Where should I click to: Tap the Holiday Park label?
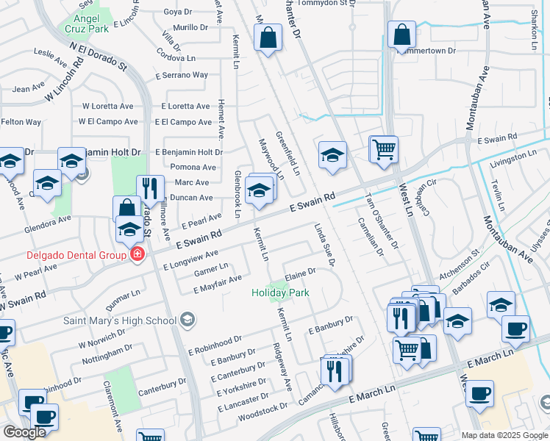click(280, 293)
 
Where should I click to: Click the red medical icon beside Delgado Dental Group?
click(136, 255)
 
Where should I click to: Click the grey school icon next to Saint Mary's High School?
click(188, 319)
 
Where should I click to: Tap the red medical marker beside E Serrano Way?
click(158, 76)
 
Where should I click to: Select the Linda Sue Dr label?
click(326, 245)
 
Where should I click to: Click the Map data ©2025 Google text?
click(504, 435)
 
